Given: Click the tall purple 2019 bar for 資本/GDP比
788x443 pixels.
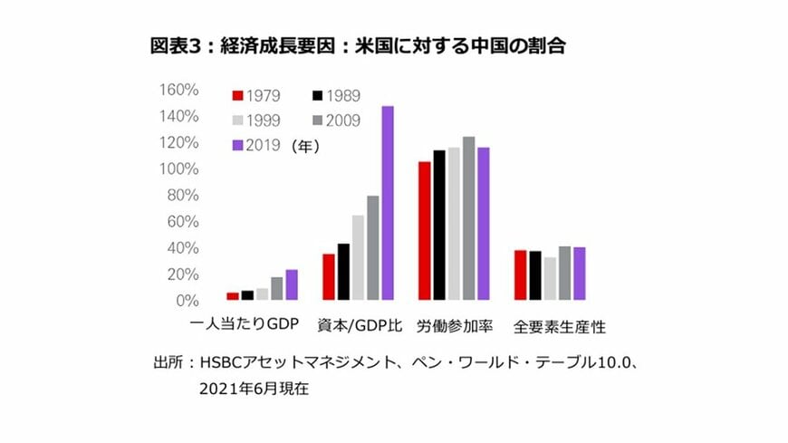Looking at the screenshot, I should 388,203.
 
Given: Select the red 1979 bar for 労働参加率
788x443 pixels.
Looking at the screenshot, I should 424,230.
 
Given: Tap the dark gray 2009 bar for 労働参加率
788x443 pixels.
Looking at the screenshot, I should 468,218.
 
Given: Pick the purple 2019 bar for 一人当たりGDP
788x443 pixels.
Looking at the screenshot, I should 292,284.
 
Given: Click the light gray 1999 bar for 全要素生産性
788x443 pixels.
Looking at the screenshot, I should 550,278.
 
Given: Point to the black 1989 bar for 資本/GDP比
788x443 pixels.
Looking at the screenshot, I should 343,271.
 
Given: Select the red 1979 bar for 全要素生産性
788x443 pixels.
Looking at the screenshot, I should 520,274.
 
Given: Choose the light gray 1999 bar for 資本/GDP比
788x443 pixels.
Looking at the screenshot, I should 358,257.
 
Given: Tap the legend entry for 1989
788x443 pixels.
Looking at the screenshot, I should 334,95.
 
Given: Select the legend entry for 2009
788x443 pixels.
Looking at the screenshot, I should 334,119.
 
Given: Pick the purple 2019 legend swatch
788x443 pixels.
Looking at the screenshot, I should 238,143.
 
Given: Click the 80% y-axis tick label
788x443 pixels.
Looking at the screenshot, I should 184,195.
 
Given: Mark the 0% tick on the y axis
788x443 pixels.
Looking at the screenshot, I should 187,300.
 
